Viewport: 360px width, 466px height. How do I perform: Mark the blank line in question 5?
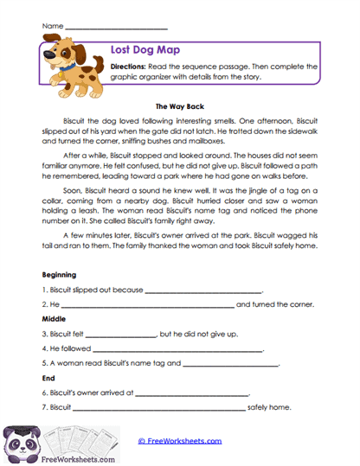[230, 365]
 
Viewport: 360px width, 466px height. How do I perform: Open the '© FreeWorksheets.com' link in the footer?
[179, 441]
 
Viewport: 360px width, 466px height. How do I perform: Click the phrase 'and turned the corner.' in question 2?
[275, 305]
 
